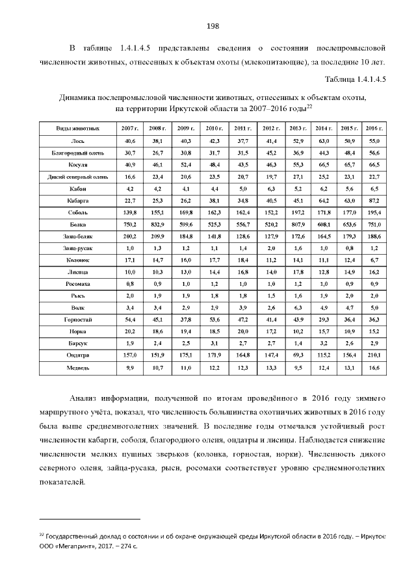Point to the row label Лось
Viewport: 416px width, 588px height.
[77, 141]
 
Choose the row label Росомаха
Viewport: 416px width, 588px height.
[77, 284]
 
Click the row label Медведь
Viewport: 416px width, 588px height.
[77, 368]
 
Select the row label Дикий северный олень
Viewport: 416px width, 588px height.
[77, 177]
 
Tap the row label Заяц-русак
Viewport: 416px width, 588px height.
[77, 248]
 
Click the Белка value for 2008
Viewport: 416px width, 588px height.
[156, 224]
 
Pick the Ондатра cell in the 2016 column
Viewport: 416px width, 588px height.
[374, 355]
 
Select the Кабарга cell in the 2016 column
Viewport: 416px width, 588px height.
[374, 200]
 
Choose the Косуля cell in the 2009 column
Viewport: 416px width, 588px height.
[184, 165]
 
